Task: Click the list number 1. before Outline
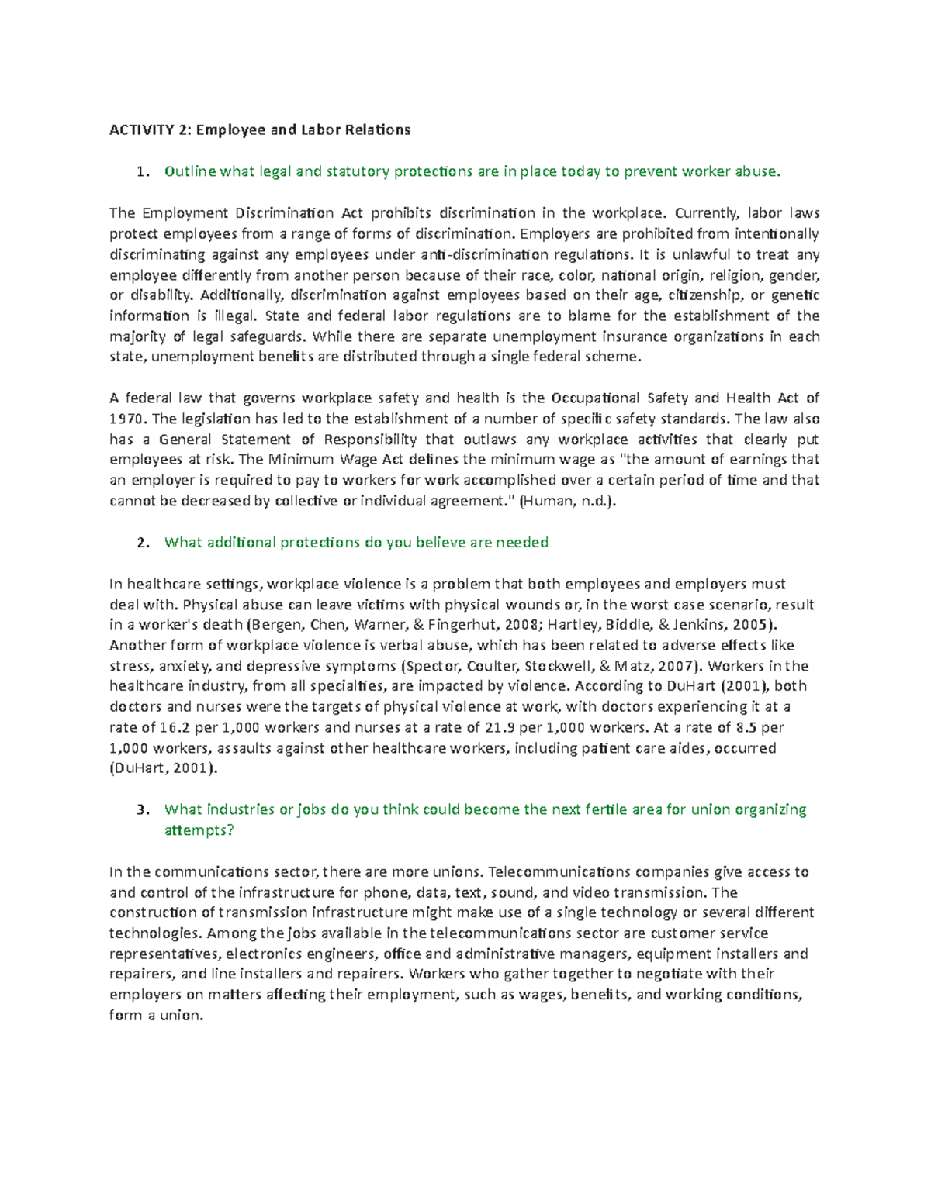tap(141, 172)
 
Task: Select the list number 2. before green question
tap(141, 543)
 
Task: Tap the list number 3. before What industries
tap(141, 810)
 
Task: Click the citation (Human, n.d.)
tap(568, 502)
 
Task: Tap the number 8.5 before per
tap(746, 728)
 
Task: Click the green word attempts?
tap(199, 831)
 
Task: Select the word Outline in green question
tap(190, 172)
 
